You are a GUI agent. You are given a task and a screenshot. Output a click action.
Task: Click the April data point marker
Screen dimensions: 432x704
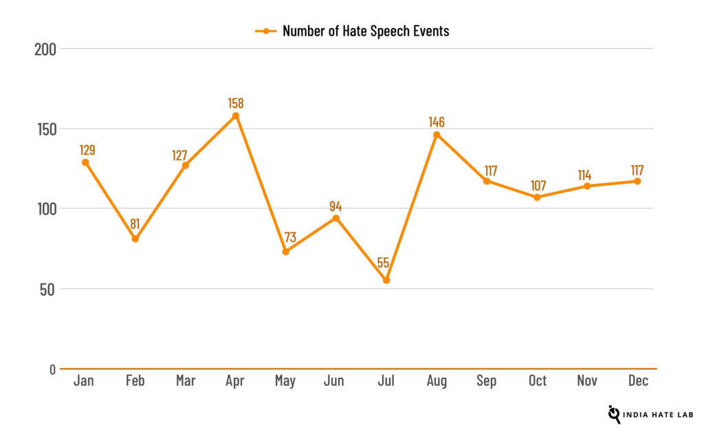pos(236,116)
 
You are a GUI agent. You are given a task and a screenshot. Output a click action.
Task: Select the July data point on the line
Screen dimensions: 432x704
pos(386,280)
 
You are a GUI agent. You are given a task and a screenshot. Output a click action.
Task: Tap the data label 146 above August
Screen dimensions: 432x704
pos(437,122)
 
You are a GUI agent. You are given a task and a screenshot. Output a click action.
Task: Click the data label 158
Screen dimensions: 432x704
pos(236,103)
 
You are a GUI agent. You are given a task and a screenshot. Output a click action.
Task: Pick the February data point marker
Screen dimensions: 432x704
pos(135,239)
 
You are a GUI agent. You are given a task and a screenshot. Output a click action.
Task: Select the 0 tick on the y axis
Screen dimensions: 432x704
pos(52,369)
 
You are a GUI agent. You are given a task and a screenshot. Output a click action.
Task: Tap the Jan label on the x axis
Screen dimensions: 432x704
pos(85,381)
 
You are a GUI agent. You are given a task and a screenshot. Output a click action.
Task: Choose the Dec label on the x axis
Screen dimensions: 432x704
pos(637,381)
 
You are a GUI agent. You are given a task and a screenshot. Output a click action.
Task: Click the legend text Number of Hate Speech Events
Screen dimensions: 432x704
pos(366,31)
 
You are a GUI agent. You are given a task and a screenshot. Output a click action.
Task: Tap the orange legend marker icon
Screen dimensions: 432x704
pos(265,31)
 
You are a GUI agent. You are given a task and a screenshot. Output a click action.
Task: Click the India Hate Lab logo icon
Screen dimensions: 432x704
pos(615,414)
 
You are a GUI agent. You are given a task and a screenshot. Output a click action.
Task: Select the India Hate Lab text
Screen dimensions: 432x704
pos(659,415)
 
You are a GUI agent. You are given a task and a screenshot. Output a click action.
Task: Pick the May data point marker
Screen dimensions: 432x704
pos(286,252)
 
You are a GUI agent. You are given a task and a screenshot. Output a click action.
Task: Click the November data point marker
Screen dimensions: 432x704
pos(587,186)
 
